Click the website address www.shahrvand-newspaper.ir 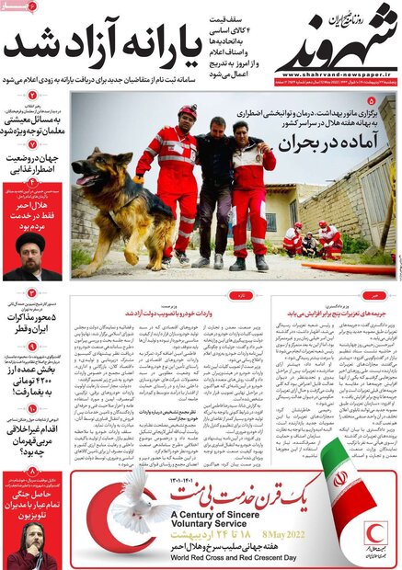(x=337, y=75)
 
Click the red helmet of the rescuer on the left (x=188, y=111)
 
